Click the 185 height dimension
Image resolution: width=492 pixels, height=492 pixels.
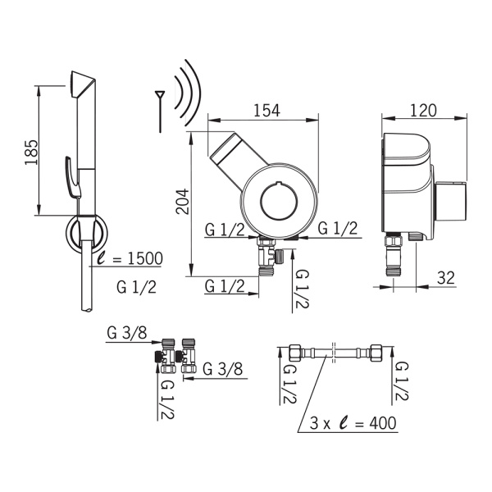(31, 152)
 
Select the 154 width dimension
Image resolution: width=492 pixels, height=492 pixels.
(266, 110)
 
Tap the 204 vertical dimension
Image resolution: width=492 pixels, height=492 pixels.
(183, 201)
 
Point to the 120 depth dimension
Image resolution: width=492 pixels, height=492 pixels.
(423, 110)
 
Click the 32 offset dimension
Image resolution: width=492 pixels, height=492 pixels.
(446, 278)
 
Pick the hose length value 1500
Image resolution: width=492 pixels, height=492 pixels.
(145, 258)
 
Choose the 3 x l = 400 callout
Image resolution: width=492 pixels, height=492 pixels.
(353, 422)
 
